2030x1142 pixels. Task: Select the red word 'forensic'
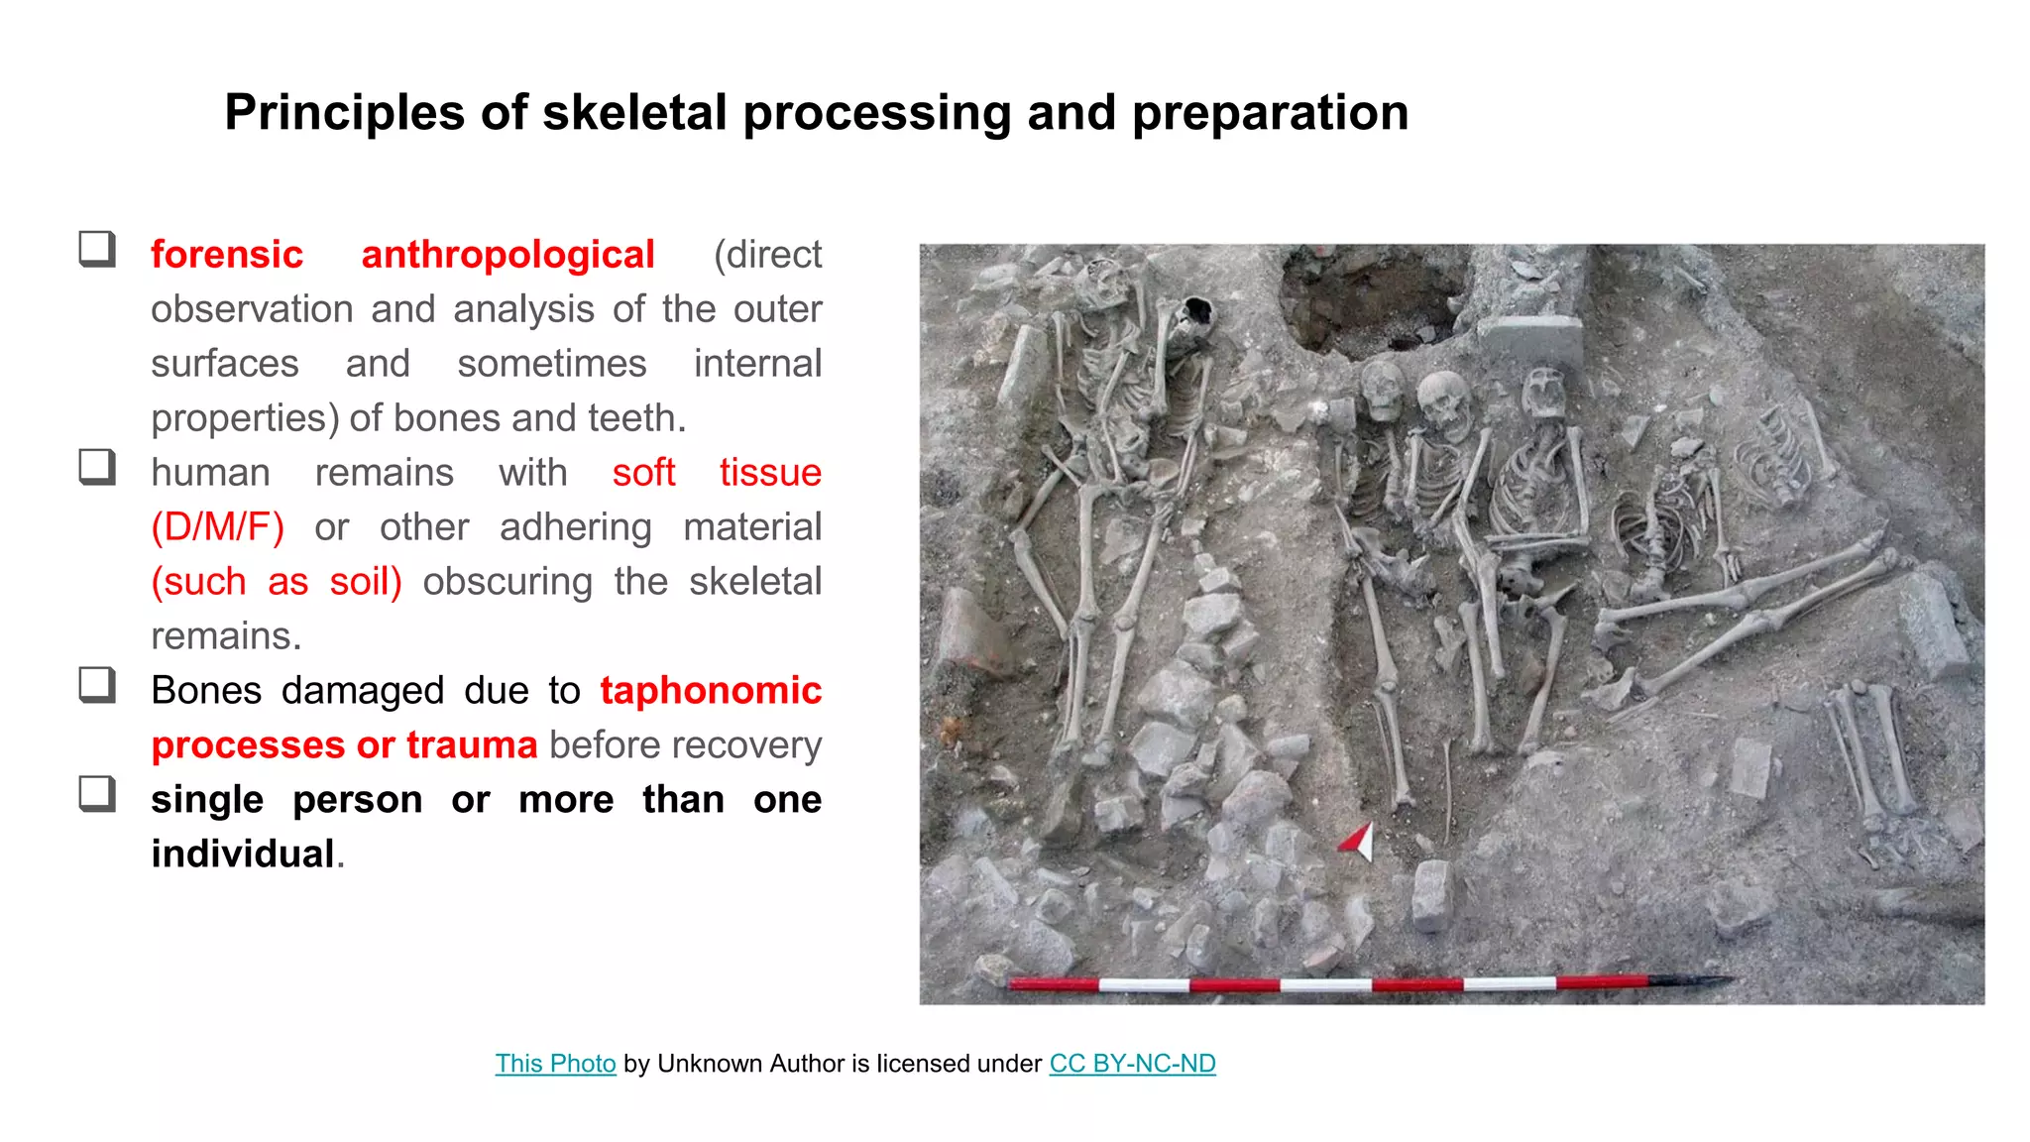tap(227, 255)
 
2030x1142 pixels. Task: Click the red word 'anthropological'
tap(507, 255)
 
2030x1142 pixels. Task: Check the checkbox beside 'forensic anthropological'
tap(97, 249)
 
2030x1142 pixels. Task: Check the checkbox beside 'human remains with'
tap(97, 467)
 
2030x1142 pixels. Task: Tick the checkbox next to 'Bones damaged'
tap(97, 685)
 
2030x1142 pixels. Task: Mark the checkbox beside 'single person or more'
tap(97, 794)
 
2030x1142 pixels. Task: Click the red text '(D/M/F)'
tap(218, 527)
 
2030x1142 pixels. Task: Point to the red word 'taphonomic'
tap(711, 691)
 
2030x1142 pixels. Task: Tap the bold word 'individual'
tap(243, 855)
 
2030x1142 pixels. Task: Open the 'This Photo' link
tap(555, 1064)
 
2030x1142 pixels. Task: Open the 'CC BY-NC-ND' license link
tap(1132, 1064)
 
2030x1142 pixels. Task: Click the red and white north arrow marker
tap(1357, 841)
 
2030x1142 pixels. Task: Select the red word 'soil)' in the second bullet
tap(366, 582)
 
